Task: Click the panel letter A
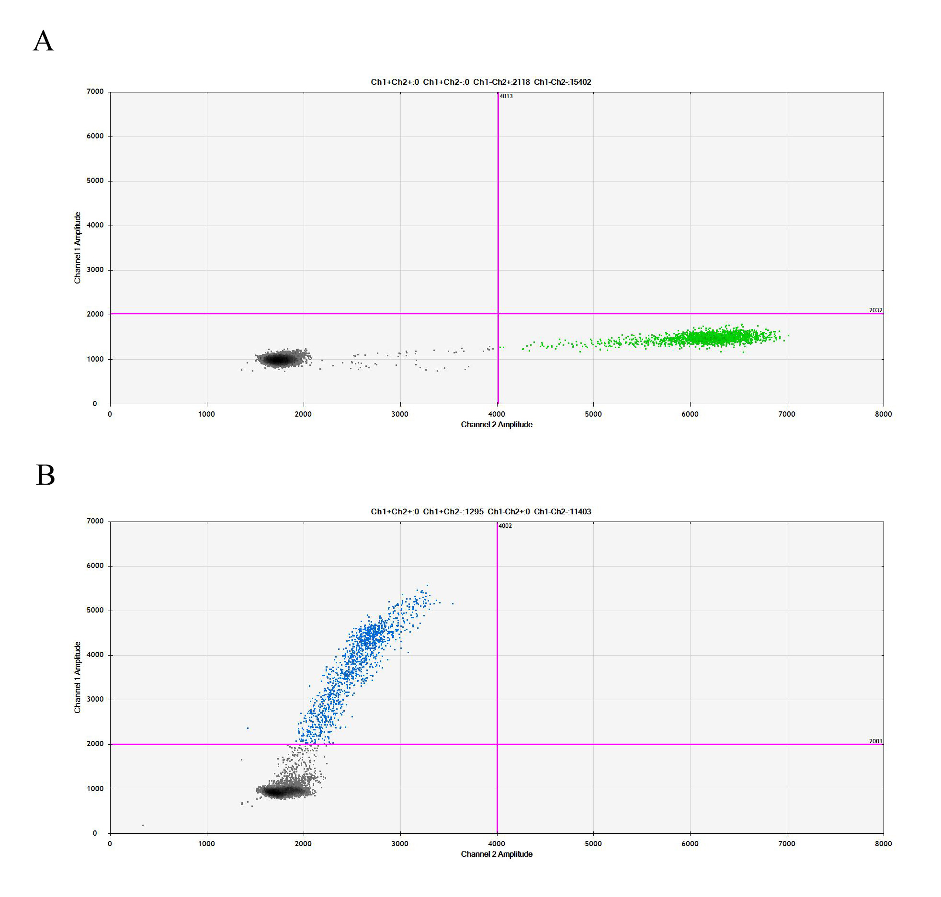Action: tap(43, 41)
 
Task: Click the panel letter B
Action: tap(45, 475)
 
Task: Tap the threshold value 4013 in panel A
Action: tap(506, 96)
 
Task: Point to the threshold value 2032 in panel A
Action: tap(875, 310)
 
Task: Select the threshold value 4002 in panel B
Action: tap(505, 526)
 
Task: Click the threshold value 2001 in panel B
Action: tap(875, 741)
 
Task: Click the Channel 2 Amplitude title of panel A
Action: tap(496, 424)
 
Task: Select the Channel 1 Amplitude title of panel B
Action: tap(77, 677)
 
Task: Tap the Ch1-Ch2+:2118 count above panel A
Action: tap(501, 82)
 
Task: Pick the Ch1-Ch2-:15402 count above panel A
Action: tap(562, 82)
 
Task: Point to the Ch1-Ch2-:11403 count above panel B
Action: tap(562, 511)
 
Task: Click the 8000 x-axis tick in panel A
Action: tap(883, 414)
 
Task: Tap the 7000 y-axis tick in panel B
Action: tap(95, 521)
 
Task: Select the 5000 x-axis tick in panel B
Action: tap(593, 843)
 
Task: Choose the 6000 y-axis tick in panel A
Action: tap(95, 136)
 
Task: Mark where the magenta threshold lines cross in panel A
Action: tap(498, 313)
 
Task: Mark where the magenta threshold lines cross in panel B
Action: tap(497, 744)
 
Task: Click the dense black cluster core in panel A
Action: tap(277, 359)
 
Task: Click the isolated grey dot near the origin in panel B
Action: tap(143, 825)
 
